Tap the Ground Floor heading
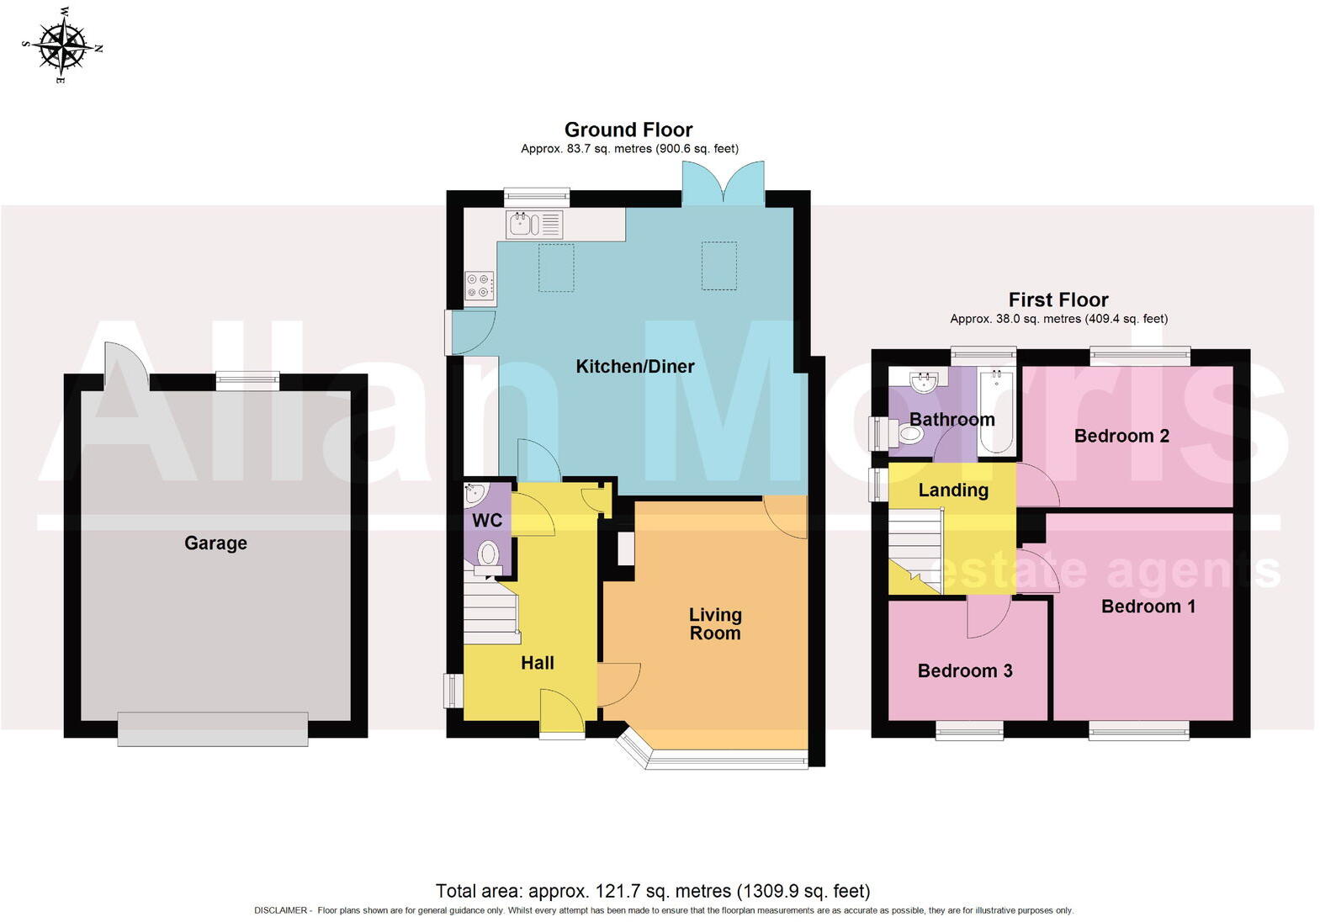pyautogui.click(x=628, y=130)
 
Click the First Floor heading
pyautogui.click(x=1058, y=299)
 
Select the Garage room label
pyautogui.click(x=215, y=543)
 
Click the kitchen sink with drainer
pyautogui.click(x=534, y=225)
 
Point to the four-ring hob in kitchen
pyautogui.click(x=480, y=286)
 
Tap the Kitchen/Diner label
pyautogui.click(x=634, y=366)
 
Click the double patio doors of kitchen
pyautogui.click(x=723, y=183)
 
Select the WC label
pyautogui.click(x=486, y=520)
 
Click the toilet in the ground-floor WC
pyautogui.click(x=488, y=556)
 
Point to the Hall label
pyautogui.click(x=537, y=663)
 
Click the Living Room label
pyautogui.click(x=715, y=624)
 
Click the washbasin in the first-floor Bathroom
pyautogui.click(x=925, y=383)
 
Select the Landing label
pyautogui.click(x=952, y=490)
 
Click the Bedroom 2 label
pyautogui.click(x=1121, y=436)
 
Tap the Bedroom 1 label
pyautogui.click(x=1148, y=607)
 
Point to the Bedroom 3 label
pyautogui.click(x=964, y=670)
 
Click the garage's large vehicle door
pyautogui.click(x=212, y=729)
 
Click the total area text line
pyautogui.click(x=652, y=890)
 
